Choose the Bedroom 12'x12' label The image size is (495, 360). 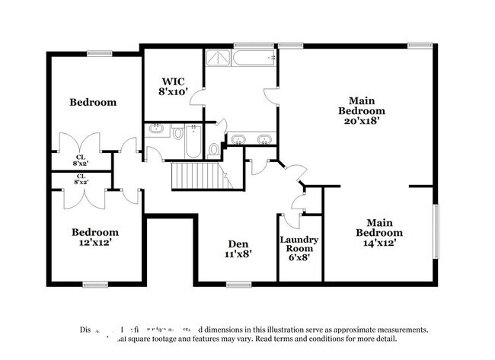[x=95, y=237]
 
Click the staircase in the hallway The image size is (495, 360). [x=197, y=176]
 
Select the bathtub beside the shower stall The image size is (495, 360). [x=254, y=59]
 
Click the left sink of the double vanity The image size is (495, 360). [x=238, y=139]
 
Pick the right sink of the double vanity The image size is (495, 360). [x=264, y=139]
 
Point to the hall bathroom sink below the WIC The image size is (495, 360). [x=158, y=129]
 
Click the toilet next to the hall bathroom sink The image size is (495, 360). [x=179, y=133]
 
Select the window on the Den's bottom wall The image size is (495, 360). [x=238, y=285]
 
